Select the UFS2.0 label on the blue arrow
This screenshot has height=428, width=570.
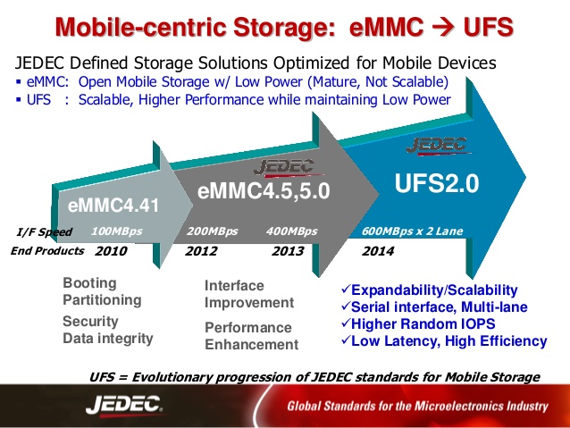tap(438, 184)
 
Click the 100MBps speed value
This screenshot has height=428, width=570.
tap(116, 231)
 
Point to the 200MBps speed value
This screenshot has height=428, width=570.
tap(212, 231)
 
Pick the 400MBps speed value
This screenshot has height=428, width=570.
tap(292, 231)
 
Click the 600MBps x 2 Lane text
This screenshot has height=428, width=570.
tap(413, 231)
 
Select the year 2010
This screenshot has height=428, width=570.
tap(111, 251)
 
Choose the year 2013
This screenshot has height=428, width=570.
tap(288, 251)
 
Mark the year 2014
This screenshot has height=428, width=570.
tap(378, 251)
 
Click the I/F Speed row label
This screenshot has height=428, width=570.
tap(43, 231)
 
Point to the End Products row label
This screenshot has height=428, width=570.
tap(47, 251)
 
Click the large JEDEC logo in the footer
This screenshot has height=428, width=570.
tap(125, 405)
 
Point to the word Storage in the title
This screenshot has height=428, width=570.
tap(280, 27)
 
